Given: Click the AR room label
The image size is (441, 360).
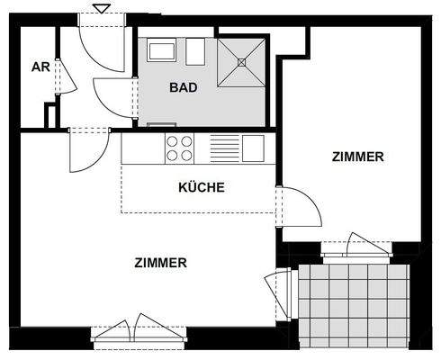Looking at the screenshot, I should tap(40, 67).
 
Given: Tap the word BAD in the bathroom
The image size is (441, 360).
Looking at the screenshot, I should tap(183, 88).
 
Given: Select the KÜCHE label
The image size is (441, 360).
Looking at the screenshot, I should tap(201, 188).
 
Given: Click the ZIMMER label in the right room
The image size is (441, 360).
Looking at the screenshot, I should tap(357, 157).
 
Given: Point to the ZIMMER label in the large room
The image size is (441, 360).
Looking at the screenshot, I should tap(160, 264).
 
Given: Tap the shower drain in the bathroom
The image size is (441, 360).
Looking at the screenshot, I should tap(242, 62).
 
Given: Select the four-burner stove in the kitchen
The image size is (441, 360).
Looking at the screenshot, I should tap(180, 148).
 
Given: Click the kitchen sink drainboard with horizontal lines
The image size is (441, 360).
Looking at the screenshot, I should tap(224, 148).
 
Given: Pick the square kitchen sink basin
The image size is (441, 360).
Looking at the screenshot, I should tap(253, 148).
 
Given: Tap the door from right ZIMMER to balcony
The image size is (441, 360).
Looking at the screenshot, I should tap(367, 245).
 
